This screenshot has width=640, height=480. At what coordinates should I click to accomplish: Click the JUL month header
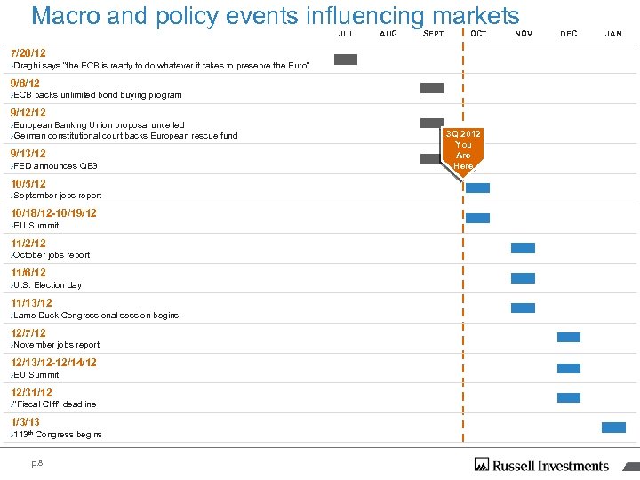pos(347,34)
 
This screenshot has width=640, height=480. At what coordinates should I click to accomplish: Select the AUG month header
pos(388,34)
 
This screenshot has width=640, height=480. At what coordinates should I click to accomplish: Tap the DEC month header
pos(569,34)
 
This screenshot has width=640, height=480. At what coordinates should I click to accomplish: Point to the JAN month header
pos(613,34)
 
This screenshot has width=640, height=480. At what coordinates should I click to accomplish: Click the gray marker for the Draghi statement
pos(346,60)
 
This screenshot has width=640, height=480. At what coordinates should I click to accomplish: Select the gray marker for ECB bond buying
pos(432,88)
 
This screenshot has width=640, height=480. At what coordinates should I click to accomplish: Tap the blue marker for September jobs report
pos(478,188)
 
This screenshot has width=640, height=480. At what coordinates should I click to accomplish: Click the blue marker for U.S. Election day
pos(524,278)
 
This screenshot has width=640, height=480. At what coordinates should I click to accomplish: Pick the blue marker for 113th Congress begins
pos(614,428)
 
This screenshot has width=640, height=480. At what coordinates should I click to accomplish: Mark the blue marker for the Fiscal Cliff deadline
pos(569,397)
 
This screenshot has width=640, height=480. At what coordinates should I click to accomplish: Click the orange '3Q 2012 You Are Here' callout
pos(463,149)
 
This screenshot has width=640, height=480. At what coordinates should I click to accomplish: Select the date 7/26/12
pos(28,53)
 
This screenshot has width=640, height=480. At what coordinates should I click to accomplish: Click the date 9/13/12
pos(28,154)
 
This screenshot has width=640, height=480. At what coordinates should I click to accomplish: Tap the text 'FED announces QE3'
pos(55,166)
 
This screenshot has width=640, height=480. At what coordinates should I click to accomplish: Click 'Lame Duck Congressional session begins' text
pos(95,316)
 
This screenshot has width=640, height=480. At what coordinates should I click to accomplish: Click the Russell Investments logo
pos(542,465)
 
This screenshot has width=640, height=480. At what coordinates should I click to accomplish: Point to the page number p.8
pos(37,462)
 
